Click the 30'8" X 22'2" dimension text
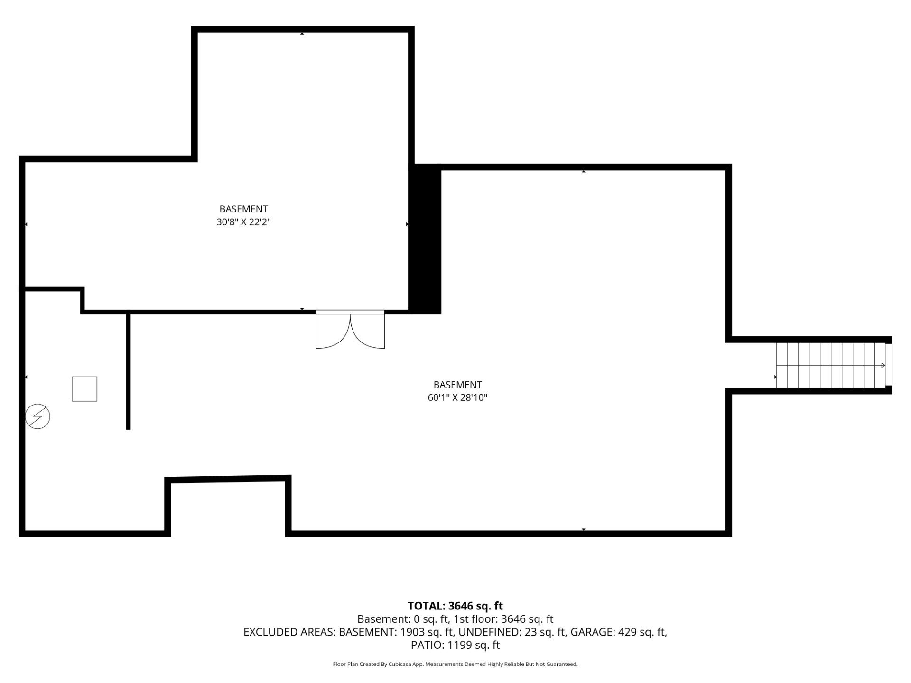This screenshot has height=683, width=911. (x=243, y=222)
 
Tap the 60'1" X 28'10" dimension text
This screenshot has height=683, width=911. (x=457, y=397)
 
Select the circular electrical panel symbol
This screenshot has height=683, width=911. (x=37, y=416)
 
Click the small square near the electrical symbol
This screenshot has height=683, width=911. (x=84, y=389)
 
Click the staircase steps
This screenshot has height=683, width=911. (x=831, y=365)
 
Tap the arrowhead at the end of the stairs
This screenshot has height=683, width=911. (x=883, y=365)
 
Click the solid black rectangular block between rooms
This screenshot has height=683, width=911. (x=425, y=239)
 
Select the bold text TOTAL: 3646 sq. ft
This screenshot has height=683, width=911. (x=455, y=606)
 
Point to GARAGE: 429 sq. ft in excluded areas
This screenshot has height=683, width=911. (x=618, y=632)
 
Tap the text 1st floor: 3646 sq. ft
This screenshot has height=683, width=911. (x=503, y=619)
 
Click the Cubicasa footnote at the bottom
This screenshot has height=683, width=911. (x=455, y=664)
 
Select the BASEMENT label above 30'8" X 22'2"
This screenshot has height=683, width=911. (x=243, y=209)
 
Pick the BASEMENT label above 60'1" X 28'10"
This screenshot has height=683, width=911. (x=457, y=385)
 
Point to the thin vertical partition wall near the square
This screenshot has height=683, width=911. (x=128, y=371)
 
